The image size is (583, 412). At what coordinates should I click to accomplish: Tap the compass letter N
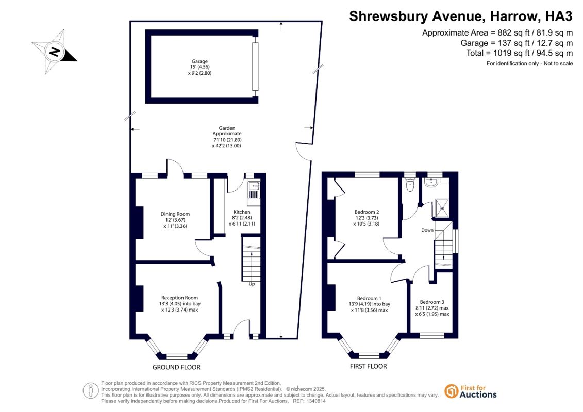pos(55,51)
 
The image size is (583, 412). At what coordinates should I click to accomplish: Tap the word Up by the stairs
pos(252,284)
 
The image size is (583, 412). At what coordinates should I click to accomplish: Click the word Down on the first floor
pos(427,230)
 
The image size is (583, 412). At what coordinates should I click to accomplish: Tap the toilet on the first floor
pos(410,185)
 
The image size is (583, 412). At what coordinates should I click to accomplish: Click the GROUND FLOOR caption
pos(176,367)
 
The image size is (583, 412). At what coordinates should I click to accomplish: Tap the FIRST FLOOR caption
pos(368,366)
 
